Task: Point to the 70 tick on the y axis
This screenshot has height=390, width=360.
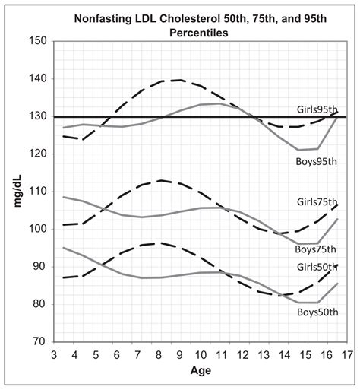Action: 39,342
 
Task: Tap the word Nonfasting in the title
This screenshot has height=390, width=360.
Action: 110,11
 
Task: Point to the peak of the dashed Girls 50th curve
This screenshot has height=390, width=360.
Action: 158,243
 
